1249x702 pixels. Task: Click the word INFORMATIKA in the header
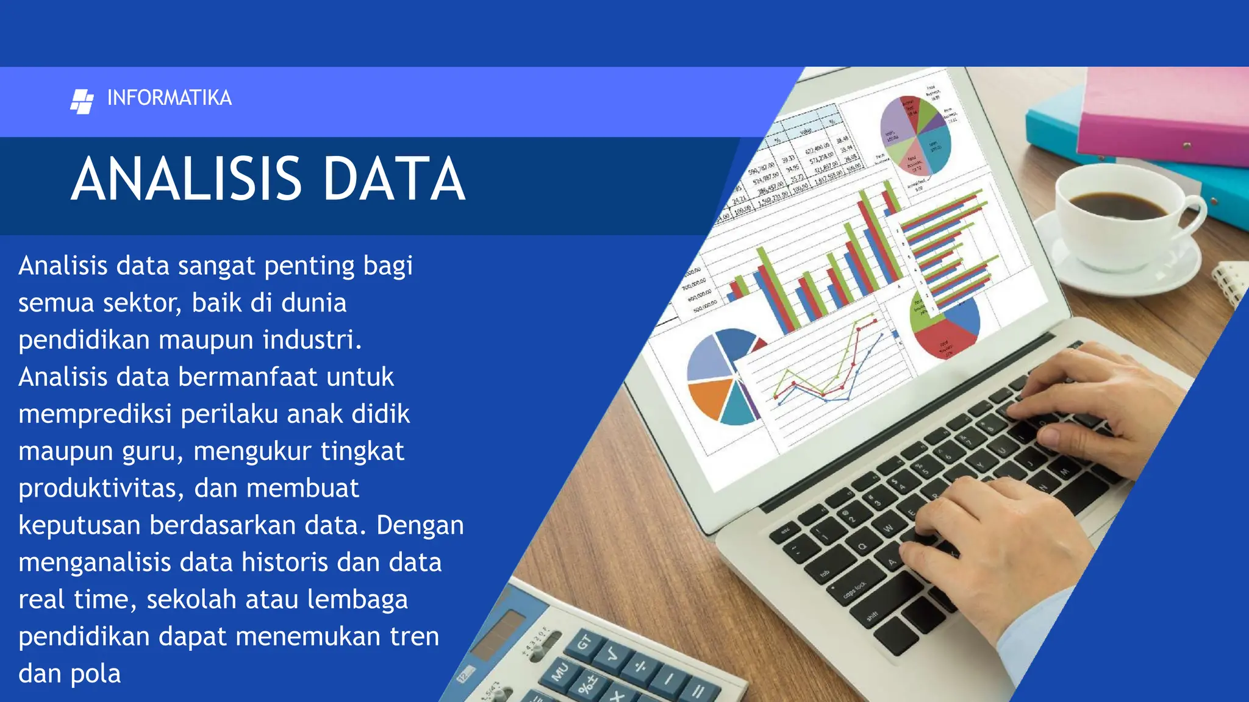(169, 98)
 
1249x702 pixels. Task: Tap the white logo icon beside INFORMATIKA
(82, 101)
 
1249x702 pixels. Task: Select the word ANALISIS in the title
(186, 179)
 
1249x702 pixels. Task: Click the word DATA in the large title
(394, 179)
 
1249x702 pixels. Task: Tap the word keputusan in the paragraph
(79, 526)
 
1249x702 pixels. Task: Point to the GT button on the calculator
(584, 643)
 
